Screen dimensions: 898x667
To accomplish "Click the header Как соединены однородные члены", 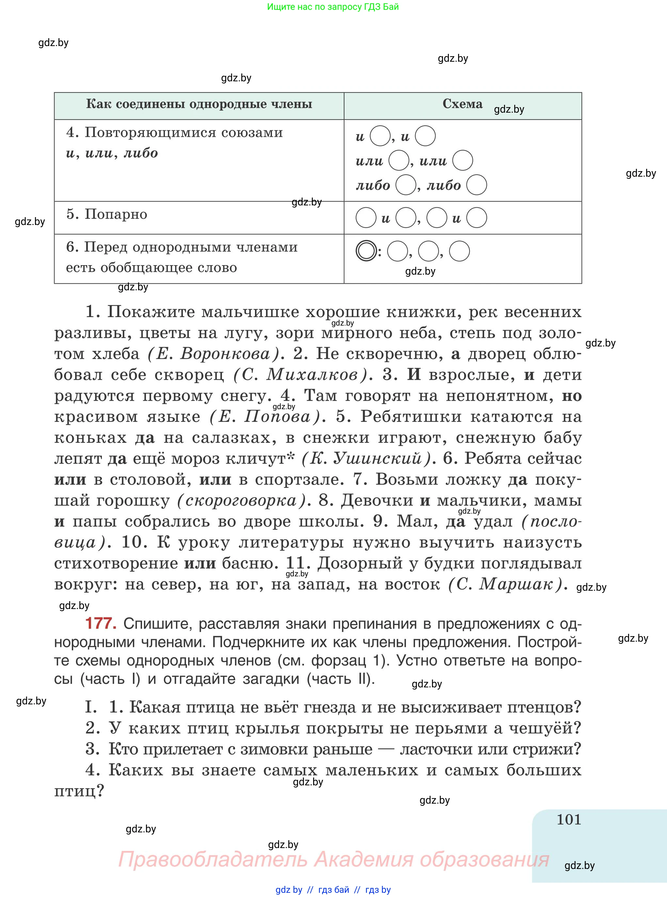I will tap(199, 104).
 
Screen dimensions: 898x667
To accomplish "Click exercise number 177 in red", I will tap(101, 623).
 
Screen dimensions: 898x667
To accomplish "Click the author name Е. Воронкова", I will tap(213, 354).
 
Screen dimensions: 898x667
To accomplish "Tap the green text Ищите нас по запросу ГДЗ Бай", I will tap(333, 7).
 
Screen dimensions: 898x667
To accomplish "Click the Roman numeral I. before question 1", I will tap(91, 707).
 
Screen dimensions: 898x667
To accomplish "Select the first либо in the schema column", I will tap(373, 185).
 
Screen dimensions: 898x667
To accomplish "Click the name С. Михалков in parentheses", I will tap(301, 375).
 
